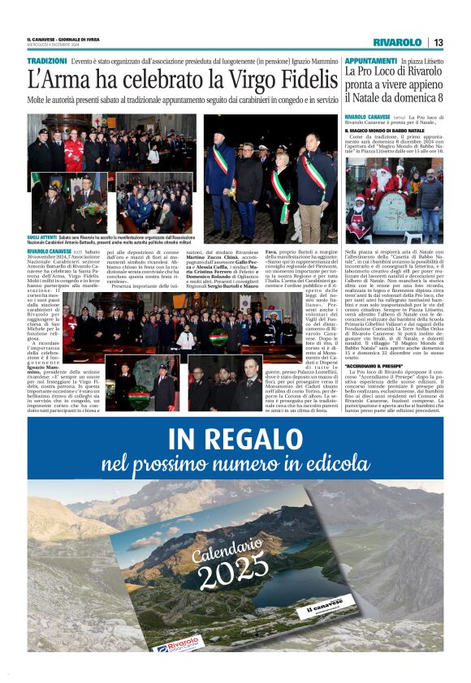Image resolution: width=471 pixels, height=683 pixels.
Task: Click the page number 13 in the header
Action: tap(438, 42)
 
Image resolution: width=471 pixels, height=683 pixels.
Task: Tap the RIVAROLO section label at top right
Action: tap(397, 42)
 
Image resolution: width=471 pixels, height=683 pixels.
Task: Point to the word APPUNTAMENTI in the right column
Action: tap(370, 61)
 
